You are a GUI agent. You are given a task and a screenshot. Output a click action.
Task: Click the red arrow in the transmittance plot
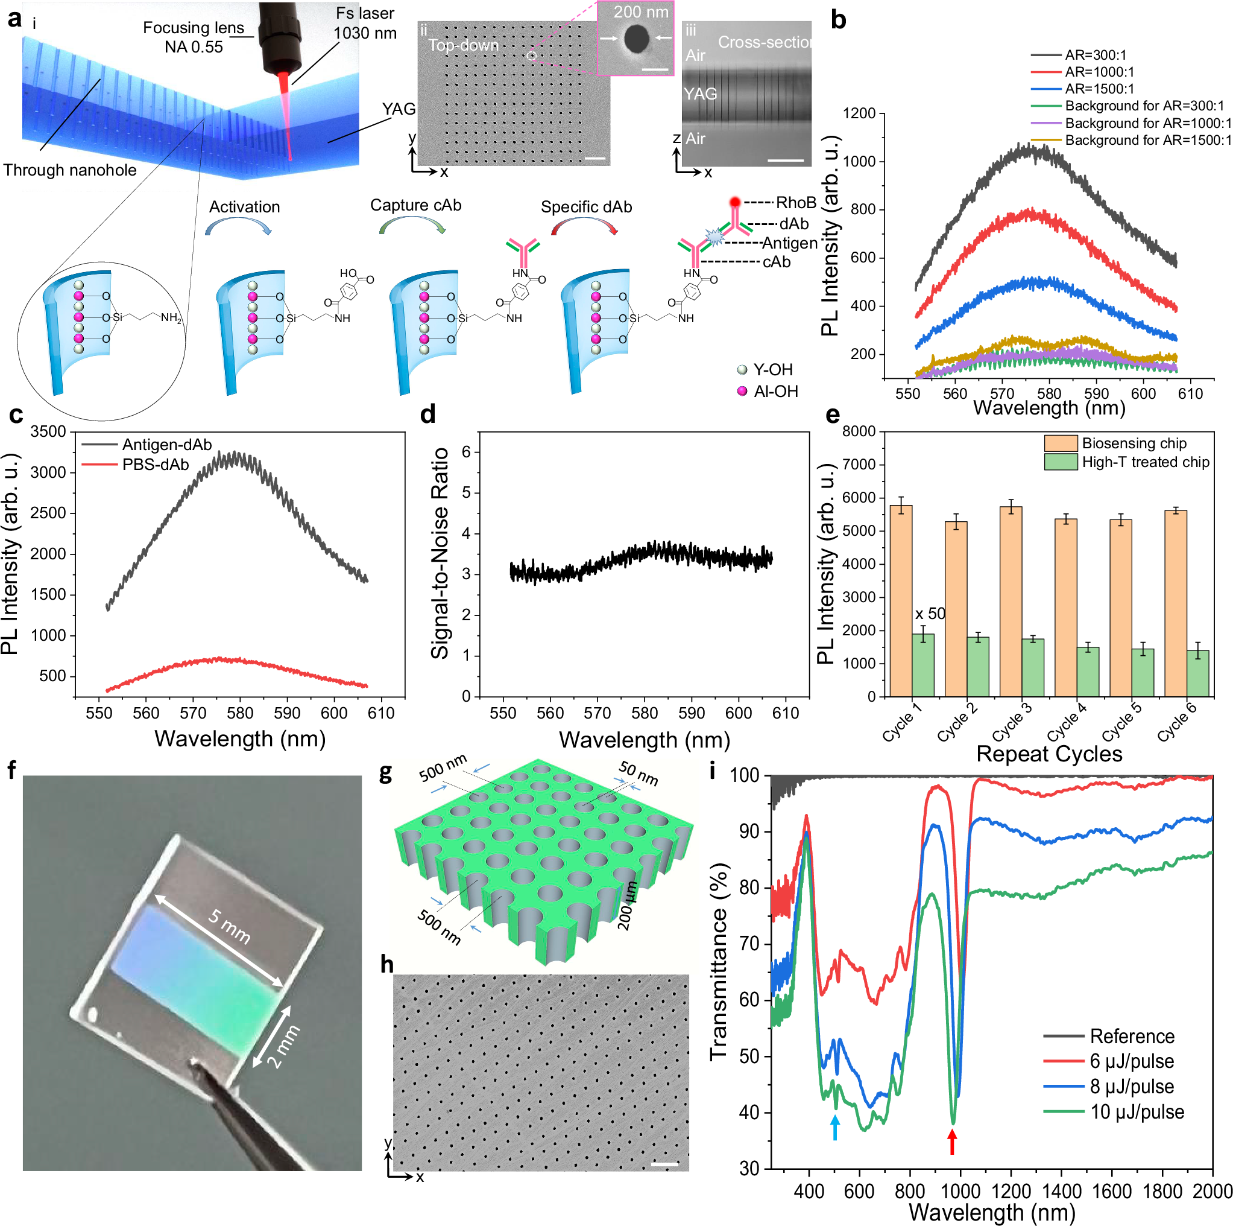951,1142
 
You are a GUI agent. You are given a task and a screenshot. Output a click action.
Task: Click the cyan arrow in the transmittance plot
835,1128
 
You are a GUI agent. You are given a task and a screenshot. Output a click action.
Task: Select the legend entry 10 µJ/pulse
1136,1112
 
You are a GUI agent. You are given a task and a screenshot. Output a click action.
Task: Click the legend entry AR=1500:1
1099,89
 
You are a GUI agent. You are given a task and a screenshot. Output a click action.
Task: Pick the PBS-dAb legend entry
155,464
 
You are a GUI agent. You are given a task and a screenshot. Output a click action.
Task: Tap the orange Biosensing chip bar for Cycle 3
1011,601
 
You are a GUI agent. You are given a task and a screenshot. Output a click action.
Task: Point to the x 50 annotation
930,614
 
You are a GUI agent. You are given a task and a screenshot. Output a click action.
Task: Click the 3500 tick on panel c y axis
48,431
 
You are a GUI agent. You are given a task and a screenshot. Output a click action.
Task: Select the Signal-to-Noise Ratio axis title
440,553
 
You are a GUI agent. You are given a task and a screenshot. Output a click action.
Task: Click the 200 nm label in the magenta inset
641,11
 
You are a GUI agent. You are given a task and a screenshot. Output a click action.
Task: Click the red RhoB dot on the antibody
734,202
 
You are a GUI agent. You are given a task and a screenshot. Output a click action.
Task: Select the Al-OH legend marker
742,391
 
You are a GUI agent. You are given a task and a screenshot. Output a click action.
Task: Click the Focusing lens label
194,28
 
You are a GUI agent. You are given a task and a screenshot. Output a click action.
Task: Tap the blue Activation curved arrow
238,225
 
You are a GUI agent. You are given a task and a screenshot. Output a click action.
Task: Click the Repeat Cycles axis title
1049,754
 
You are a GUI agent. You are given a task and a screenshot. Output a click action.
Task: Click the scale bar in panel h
664,1164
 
